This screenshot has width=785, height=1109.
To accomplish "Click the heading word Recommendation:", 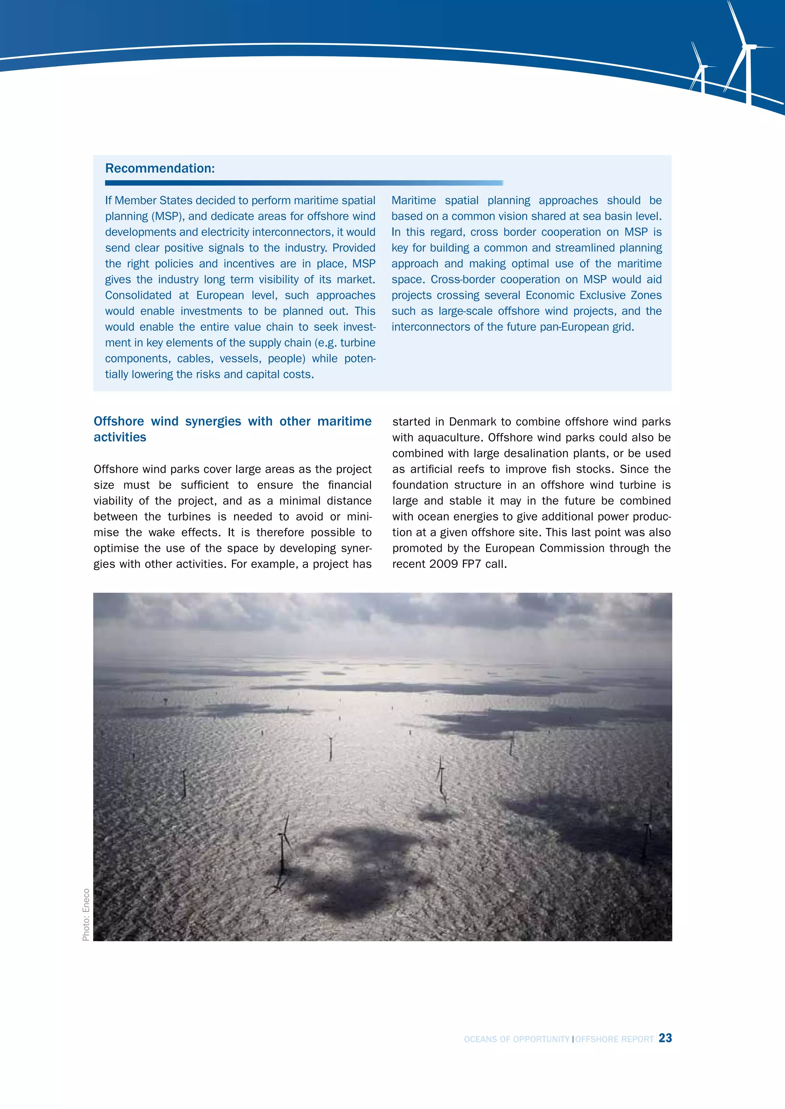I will (159, 168).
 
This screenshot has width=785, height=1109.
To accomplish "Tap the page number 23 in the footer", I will (665, 1038).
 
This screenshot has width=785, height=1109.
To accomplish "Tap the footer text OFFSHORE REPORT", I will (614, 1039).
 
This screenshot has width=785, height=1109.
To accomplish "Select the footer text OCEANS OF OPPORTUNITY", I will (516, 1039).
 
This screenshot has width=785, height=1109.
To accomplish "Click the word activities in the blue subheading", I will (120, 437).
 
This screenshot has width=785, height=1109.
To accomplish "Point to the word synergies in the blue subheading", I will (213, 421).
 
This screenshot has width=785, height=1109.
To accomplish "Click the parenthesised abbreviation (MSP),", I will (169, 216).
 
